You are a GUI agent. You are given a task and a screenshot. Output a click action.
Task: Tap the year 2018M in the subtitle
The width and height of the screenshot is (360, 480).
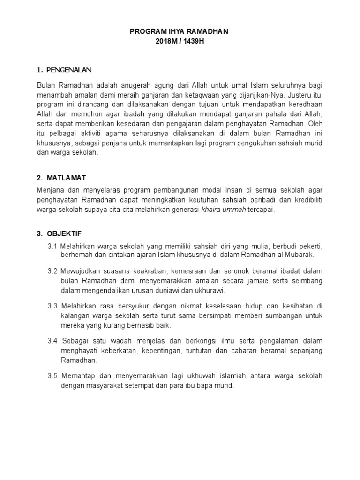[166, 41]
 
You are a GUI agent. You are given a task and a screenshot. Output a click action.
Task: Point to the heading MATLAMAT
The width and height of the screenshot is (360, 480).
[66, 178]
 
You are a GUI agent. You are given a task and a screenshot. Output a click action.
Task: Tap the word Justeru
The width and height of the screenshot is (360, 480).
[301, 94]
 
